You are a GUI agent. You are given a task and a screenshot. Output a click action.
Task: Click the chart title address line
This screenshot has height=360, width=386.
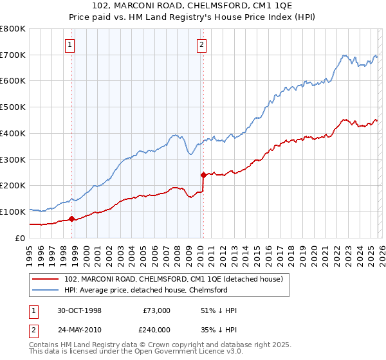(192, 6)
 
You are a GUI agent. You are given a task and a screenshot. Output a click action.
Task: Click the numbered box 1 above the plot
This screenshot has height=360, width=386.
(69, 44)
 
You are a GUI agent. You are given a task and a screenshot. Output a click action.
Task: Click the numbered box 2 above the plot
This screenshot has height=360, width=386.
(201, 44)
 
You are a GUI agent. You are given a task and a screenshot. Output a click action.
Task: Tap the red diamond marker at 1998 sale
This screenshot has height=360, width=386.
(71, 219)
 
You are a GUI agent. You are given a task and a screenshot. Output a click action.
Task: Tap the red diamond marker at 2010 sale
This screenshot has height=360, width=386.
(203, 175)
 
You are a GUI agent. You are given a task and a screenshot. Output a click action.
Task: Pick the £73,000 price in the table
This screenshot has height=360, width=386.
(156, 310)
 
